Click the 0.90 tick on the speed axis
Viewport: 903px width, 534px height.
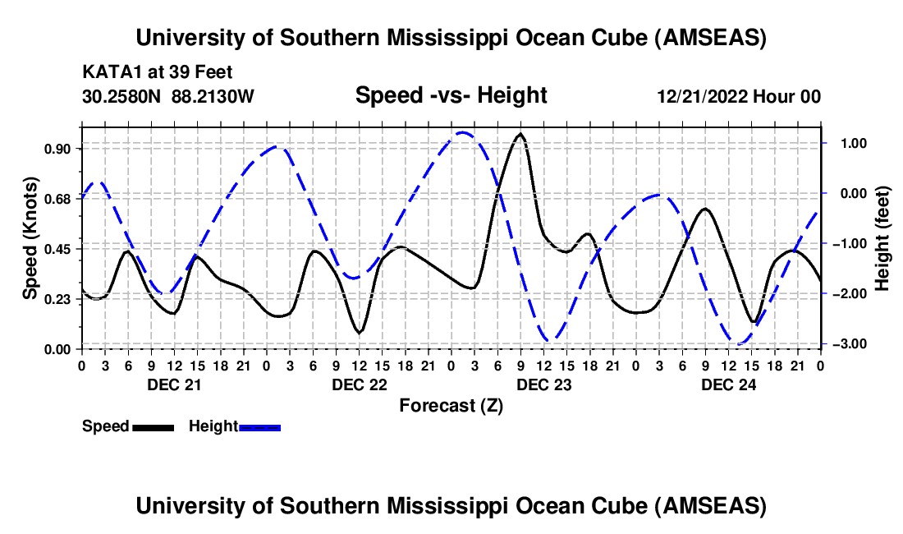point(57,149)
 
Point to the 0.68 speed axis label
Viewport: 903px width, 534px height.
point(57,199)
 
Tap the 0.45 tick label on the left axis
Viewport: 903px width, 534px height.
point(57,249)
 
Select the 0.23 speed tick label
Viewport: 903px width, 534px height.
point(57,299)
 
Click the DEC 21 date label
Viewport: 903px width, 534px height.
point(173,384)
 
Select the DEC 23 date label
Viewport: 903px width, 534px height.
point(543,384)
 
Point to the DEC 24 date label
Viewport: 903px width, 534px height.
point(727,384)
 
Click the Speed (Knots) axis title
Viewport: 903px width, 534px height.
point(30,237)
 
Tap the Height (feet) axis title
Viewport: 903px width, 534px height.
point(882,237)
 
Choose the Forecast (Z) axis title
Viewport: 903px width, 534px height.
point(451,405)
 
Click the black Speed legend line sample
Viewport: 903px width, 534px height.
point(153,426)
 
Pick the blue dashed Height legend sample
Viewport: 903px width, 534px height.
point(260,426)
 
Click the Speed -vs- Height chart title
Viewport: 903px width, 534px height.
point(451,95)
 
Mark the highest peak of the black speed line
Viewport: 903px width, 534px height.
point(520,134)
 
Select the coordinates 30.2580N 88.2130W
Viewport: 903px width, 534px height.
point(168,96)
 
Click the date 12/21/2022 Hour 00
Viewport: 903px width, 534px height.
point(739,96)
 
